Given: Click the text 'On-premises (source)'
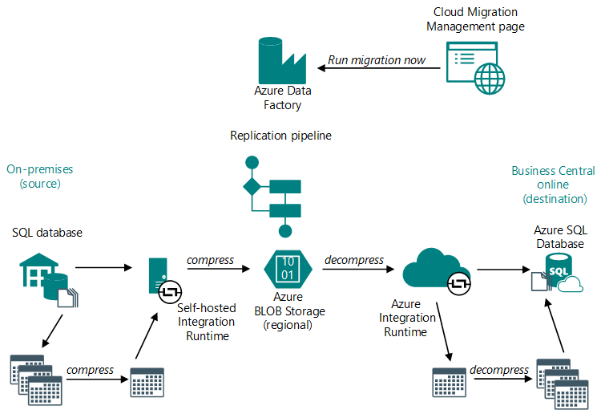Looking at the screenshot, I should [x=39, y=177].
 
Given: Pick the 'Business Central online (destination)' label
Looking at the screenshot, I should [x=553, y=185].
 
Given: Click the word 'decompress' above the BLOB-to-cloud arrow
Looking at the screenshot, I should [x=353, y=260].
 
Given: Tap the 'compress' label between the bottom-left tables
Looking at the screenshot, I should [x=89, y=370].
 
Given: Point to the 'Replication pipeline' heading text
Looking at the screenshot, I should [x=280, y=136].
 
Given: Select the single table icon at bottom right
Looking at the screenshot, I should [x=449, y=380].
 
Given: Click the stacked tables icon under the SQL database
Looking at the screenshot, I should [x=36, y=378].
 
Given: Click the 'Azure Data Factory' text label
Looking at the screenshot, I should [x=277, y=99].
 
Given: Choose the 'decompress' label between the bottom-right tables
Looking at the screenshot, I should [x=499, y=370].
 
